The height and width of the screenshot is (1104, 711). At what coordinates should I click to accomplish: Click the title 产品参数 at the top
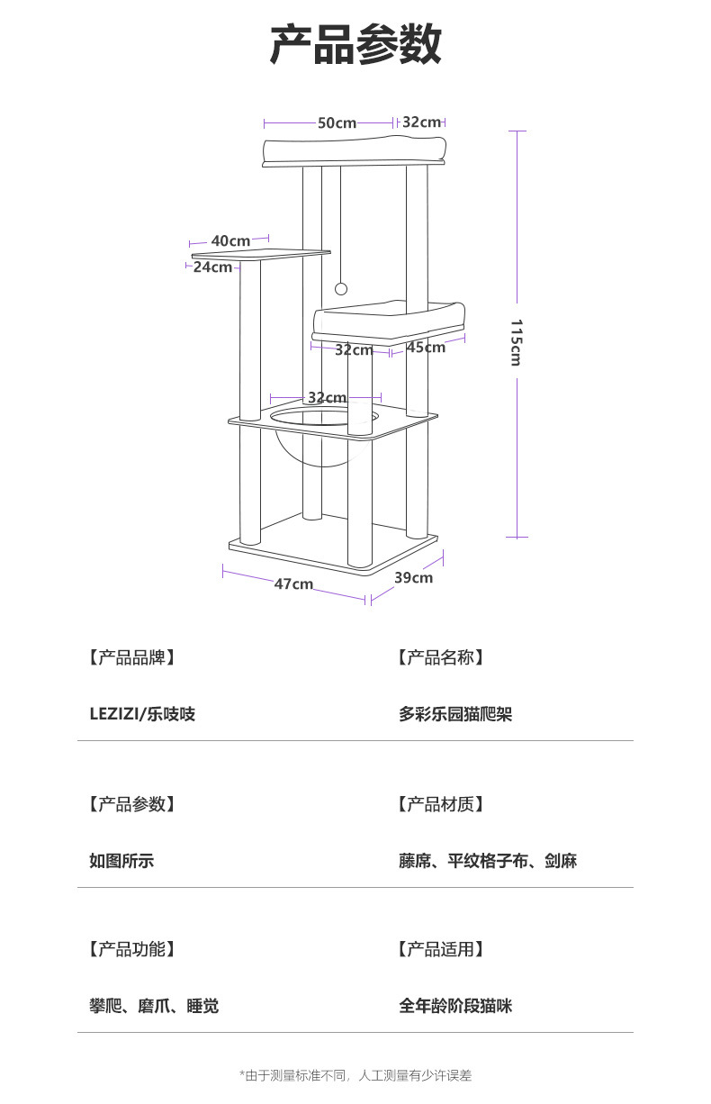pos(355,45)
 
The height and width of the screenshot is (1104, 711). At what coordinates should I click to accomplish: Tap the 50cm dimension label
pos(337,122)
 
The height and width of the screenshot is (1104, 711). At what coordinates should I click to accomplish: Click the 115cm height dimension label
pos(516,342)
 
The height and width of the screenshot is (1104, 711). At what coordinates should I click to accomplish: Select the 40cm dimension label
pos(230,241)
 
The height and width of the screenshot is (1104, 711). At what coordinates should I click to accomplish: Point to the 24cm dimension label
pos(212,267)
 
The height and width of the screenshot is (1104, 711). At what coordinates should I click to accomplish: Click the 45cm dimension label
pos(425,348)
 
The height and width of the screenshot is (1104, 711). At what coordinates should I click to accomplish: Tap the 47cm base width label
pos(293,584)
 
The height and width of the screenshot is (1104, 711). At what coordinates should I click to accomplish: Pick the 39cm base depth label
pos(413,577)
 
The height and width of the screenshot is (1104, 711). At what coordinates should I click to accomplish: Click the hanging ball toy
pos(341,289)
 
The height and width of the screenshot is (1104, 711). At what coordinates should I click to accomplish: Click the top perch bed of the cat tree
pos(355,150)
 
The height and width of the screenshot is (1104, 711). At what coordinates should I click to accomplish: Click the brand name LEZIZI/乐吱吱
pos(142,714)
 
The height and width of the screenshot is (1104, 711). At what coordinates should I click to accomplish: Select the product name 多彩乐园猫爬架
pos(455,714)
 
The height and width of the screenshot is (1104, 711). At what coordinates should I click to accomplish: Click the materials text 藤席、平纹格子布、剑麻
pos(488,861)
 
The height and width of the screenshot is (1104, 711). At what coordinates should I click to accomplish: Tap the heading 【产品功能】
pos(132,948)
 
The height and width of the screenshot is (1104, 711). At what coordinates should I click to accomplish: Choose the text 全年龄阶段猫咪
pos(455,1006)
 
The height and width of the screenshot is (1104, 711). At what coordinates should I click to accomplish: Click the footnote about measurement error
pos(355,1075)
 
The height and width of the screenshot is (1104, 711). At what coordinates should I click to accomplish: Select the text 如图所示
pos(121,861)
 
